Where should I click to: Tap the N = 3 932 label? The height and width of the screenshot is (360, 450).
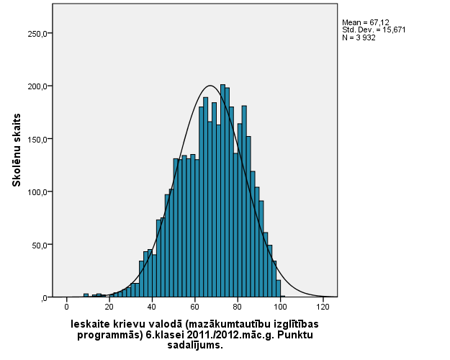[359, 37]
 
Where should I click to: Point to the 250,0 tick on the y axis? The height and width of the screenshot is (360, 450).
[37, 33]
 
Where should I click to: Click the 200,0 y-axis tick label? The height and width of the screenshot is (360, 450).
[37, 86]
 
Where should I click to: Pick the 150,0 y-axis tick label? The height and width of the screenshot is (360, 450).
[37, 139]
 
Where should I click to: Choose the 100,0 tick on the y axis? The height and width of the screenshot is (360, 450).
[37, 192]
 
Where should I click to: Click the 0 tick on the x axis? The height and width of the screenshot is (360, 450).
[67, 307]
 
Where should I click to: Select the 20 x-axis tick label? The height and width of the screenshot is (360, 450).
[109, 307]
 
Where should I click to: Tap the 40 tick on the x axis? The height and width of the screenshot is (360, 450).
[152, 307]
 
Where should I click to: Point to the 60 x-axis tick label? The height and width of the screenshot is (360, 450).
[194, 307]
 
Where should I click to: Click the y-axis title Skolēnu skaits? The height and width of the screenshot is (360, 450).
[16, 150]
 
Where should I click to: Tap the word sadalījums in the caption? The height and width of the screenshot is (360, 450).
[194, 345]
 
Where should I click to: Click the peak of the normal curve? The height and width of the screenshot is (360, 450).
[210, 86]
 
